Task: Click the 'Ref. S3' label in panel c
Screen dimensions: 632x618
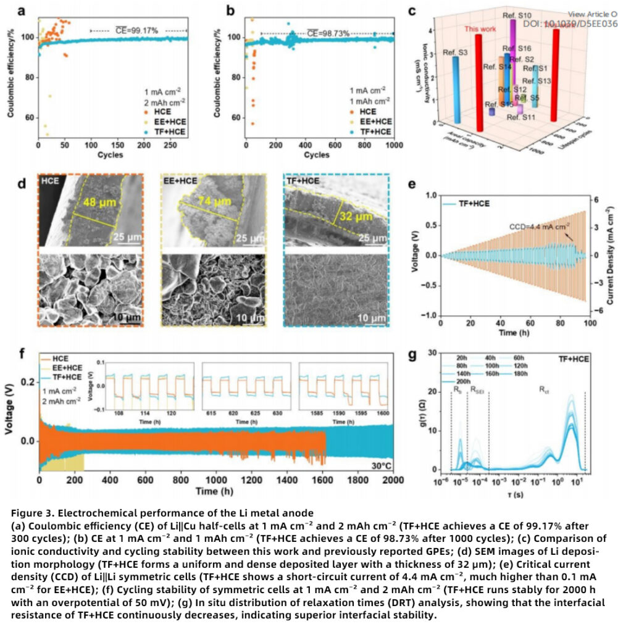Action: pos(454,52)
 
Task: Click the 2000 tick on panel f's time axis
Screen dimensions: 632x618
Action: pos(391,480)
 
